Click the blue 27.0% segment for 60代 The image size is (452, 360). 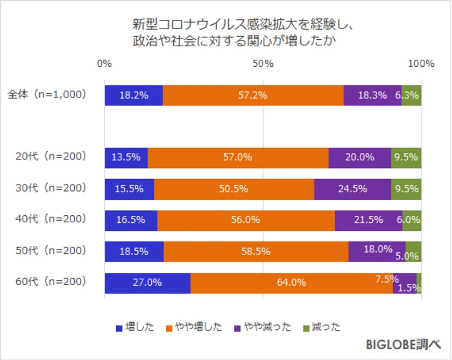pyautogui.click(x=147, y=283)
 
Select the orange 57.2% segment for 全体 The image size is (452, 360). pyautogui.click(x=253, y=95)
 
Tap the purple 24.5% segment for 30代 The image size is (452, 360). pyautogui.click(x=352, y=189)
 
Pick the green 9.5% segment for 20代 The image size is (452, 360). pyautogui.click(x=406, y=158)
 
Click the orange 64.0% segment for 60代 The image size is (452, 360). pyautogui.click(x=291, y=283)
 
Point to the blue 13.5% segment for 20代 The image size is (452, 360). pyautogui.click(x=126, y=158)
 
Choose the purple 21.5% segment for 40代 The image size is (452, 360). pyautogui.click(x=368, y=220)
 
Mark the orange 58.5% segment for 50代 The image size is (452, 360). pyautogui.click(x=256, y=251)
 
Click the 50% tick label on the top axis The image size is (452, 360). pyautogui.click(x=263, y=63)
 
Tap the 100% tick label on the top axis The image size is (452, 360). pyautogui.click(x=421, y=63)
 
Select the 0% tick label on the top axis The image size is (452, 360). pyautogui.click(x=104, y=63)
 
